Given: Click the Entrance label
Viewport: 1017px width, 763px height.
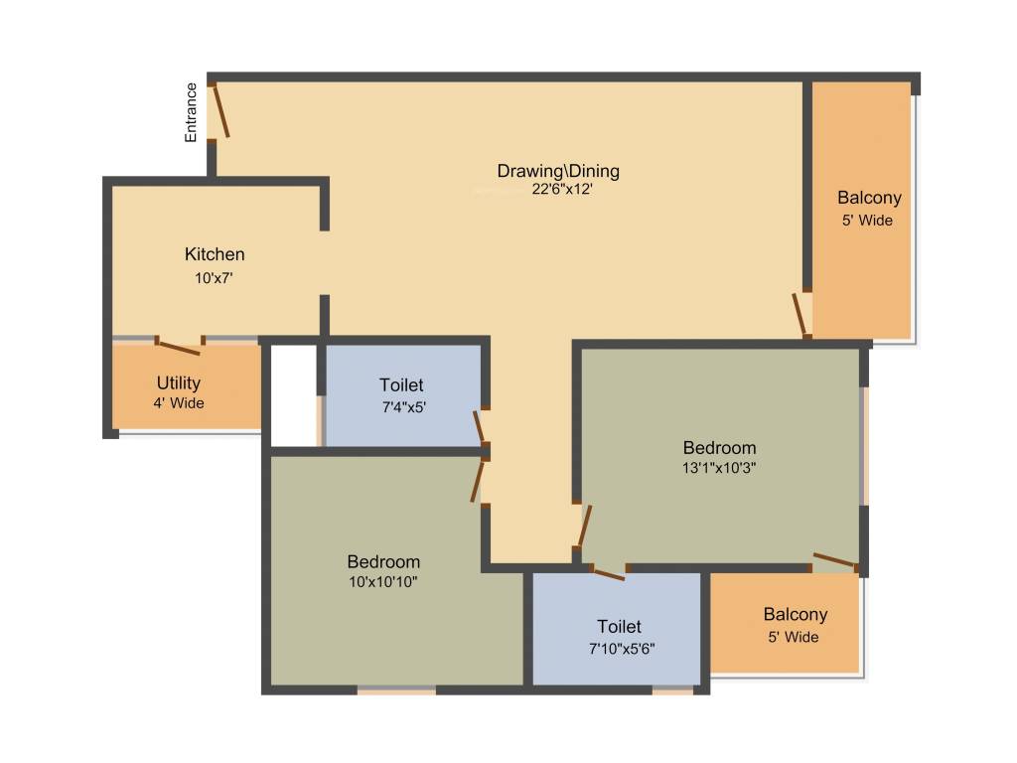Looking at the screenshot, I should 192,112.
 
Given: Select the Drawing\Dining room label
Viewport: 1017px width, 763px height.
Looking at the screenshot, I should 558,171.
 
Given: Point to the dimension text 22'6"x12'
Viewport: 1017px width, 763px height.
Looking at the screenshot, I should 562,190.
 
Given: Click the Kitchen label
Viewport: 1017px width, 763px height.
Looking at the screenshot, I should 215,254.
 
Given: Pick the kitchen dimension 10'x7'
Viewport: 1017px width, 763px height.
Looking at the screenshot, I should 214,278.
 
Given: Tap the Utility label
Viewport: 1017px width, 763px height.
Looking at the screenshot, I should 179,382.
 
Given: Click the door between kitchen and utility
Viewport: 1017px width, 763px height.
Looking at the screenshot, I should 179,347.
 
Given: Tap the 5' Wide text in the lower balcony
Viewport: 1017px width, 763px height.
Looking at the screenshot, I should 795,637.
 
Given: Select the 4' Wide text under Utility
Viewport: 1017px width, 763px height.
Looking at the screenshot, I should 179,403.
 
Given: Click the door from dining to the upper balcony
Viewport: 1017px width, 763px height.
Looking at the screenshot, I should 799,314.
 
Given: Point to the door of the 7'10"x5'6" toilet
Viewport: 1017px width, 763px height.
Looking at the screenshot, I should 608,572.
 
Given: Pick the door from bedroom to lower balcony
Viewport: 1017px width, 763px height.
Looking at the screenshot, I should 834,561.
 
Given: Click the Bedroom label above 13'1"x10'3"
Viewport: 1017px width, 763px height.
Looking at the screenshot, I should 719,447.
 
